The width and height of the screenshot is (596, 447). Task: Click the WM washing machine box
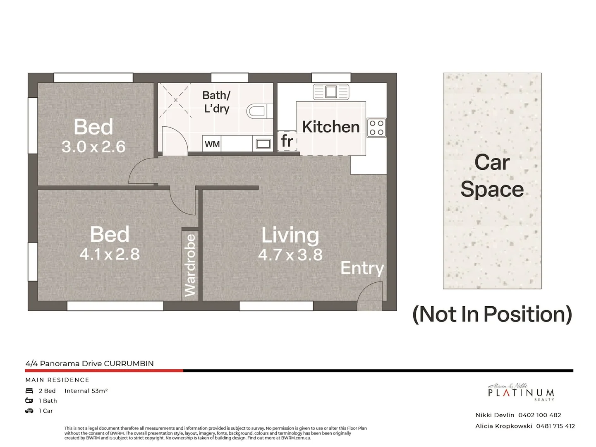tap(212, 144)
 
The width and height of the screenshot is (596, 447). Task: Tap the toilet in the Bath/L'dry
tap(256, 111)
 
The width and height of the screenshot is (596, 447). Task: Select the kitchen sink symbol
tap(331, 91)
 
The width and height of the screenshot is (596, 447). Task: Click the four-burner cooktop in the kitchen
tap(376, 127)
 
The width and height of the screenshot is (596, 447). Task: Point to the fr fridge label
tap(287, 142)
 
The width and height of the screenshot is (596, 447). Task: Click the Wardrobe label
tap(190, 265)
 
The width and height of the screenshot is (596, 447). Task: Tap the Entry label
tap(362, 268)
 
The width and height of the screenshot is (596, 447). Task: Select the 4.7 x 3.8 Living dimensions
tap(290, 255)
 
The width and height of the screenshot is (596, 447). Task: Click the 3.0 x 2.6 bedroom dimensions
tap(93, 147)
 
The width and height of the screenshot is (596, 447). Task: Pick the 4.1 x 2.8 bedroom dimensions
tap(110, 254)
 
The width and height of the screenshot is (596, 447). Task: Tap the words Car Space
tap(492, 175)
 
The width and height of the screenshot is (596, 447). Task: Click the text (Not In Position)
tap(492, 314)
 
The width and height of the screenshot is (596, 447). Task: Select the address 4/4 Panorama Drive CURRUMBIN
tap(90, 363)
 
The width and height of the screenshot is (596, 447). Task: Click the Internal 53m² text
tap(86, 391)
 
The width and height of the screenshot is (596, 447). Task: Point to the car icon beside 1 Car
tap(29, 411)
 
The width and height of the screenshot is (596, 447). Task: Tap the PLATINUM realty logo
tap(521, 392)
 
